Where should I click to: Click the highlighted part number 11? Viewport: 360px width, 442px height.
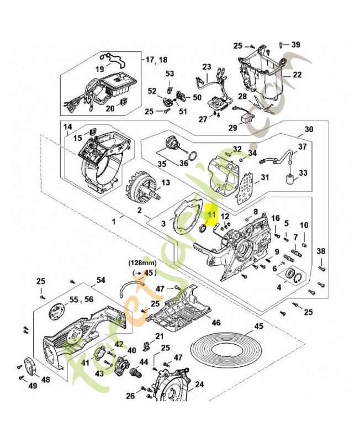(211, 214)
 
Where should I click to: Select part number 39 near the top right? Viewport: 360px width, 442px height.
(296, 45)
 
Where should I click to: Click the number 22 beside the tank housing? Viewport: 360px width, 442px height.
(297, 75)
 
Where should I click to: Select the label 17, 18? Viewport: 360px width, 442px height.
(156, 59)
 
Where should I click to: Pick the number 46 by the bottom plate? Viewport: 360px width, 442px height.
(216, 323)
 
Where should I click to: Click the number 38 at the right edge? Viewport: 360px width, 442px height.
(321, 252)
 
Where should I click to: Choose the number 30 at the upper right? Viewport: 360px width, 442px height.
(309, 129)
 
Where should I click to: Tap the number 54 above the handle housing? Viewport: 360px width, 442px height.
(100, 281)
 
